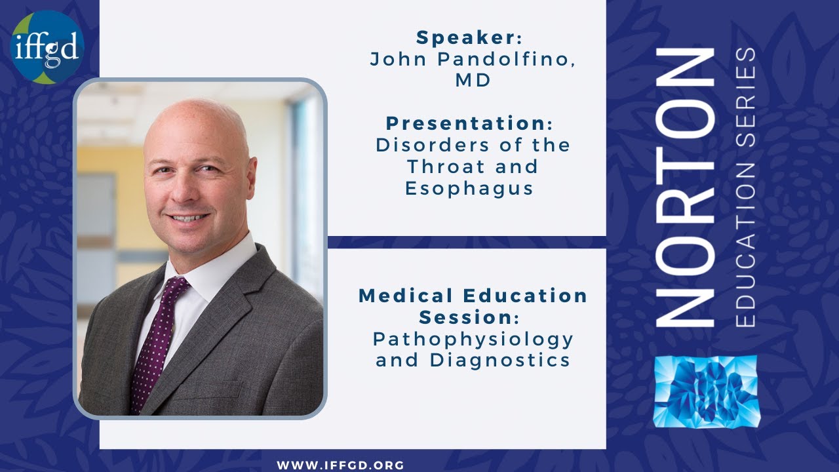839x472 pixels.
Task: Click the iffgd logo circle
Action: [47, 47]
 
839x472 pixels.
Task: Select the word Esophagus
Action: [469, 188]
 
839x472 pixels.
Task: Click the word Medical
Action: [409, 296]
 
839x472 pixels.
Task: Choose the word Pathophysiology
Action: [473, 339]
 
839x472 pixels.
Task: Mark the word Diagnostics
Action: [500, 360]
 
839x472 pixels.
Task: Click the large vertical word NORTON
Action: [686, 187]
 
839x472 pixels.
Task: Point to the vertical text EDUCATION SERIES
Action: [746, 187]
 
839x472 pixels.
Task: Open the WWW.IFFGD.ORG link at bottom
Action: [341, 465]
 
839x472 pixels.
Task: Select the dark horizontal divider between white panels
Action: [467, 242]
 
